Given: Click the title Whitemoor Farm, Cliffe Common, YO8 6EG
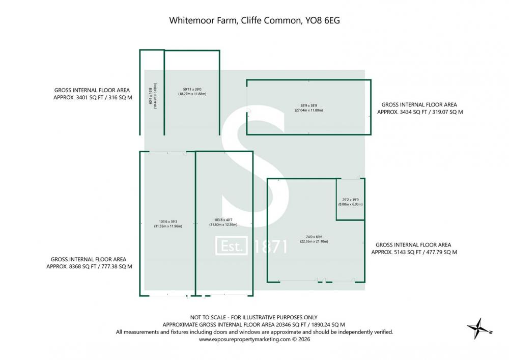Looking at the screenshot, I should pos(253,21).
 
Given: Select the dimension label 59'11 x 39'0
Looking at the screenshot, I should pos(192,89).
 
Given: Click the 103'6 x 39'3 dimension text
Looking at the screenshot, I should pos(168,221).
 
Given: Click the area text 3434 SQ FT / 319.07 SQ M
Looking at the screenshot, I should pos(419,111).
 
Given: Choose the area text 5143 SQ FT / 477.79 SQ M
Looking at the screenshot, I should pos(414,252).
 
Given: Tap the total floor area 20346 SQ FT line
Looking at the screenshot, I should pos(253,324).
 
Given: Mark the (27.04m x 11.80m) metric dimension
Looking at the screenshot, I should pos(308,110).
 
